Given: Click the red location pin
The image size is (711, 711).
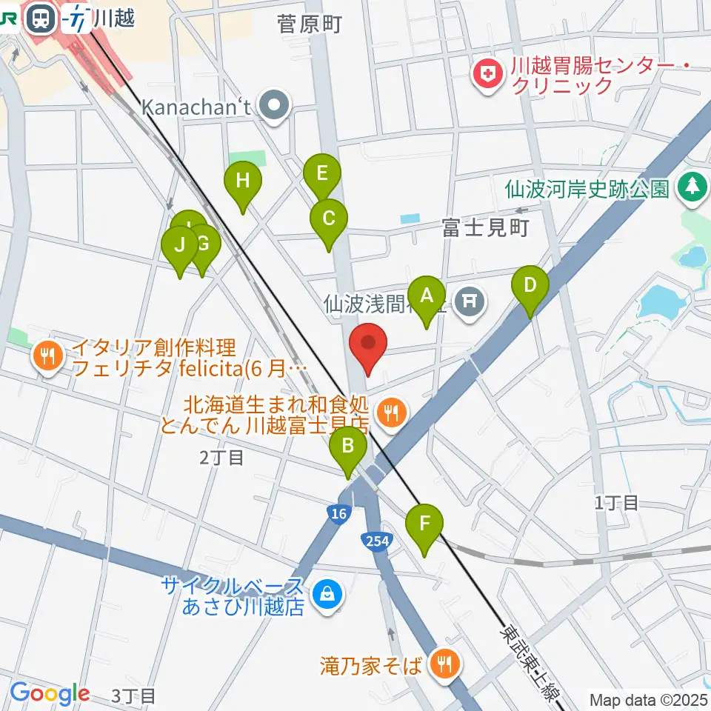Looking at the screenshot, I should [x=368, y=345].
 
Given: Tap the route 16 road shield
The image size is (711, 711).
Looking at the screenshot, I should [x=338, y=515].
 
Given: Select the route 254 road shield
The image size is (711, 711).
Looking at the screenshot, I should [x=376, y=541].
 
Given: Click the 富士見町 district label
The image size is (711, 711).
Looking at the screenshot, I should [x=485, y=228].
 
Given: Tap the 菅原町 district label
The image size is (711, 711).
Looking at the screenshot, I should [x=309, y=25].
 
